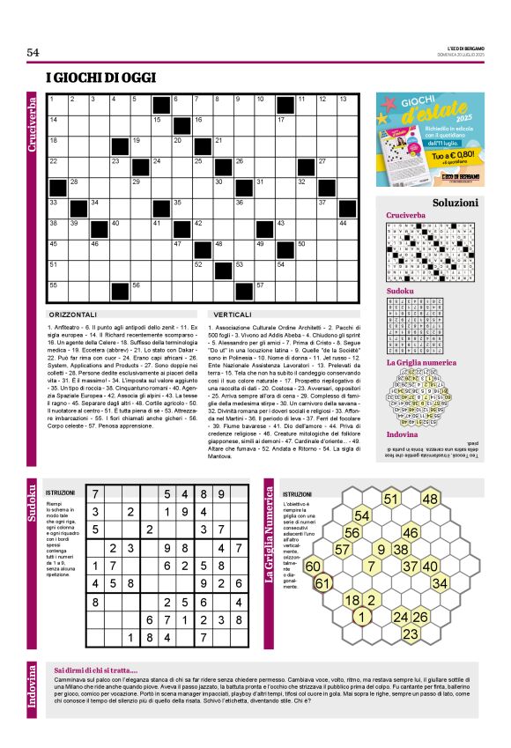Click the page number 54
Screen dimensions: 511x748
click(33, 52)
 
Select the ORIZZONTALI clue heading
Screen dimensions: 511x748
click(74, 313)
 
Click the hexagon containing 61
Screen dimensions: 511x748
click(323, 583)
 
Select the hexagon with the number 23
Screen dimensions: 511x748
click(410, 633)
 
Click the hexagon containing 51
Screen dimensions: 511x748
click(390, 499)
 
